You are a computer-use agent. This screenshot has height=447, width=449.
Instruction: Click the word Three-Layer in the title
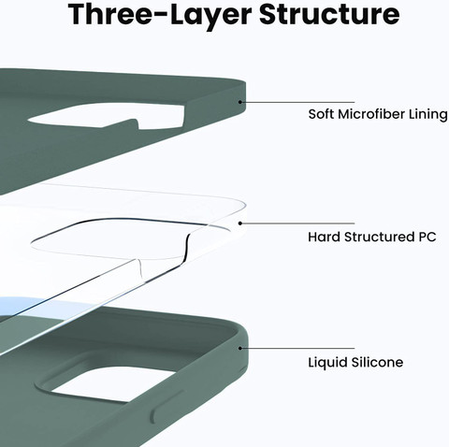coord(159,14)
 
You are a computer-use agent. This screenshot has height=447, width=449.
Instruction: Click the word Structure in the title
coord(329,14)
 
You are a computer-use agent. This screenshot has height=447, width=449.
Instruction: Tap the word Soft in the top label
coord(321,114)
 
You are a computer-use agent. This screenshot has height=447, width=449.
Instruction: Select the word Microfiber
coord(371,114)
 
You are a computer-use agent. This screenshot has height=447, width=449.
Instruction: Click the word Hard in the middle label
coord(324,237)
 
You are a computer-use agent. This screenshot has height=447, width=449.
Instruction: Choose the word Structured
coord(379,237)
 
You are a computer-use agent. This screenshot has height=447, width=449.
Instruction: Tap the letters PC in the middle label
coord(427,238)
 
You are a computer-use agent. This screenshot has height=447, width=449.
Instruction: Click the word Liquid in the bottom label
coord(327,363)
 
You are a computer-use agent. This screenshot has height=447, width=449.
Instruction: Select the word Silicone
coord(377,363)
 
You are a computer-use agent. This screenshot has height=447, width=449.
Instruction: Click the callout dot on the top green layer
coord(240,102)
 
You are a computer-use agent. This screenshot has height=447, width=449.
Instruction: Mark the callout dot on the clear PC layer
coord(240,223)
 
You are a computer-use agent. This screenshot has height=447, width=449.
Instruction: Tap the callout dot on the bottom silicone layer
coord(240,348)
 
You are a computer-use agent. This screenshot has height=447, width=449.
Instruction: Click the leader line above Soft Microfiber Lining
coord(298,102)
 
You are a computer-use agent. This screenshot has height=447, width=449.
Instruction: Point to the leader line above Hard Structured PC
coord(298,223)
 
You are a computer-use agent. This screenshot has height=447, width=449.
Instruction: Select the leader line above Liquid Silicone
coord(298,348)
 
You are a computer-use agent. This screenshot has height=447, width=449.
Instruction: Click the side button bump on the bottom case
coord(162,405)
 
